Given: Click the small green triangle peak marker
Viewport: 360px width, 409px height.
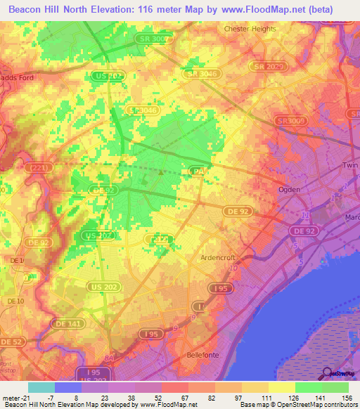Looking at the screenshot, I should point(163,171).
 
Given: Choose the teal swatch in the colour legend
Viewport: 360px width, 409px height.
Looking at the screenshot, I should point(41,387).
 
